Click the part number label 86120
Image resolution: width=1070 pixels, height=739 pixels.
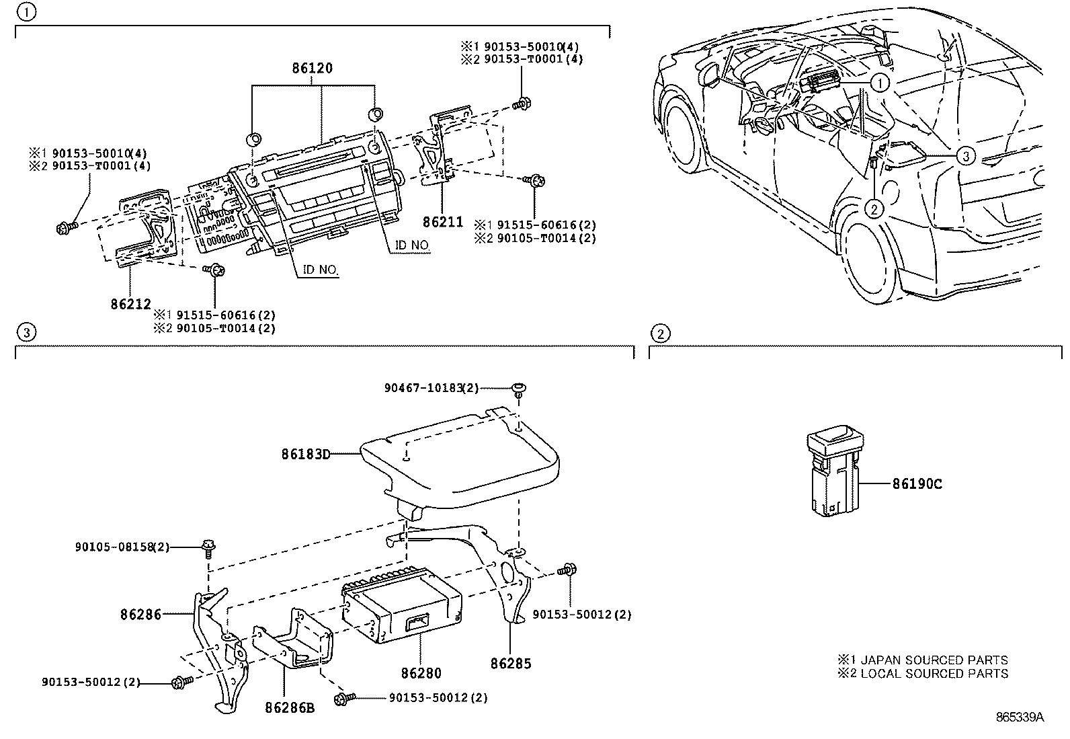click(312, 69)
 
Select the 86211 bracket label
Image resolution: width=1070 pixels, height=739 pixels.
click(443, 222)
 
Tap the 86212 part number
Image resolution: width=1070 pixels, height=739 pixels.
click(130, 304)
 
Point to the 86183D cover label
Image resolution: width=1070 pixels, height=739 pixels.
click(306, 454)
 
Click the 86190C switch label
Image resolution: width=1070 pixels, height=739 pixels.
click(917, 483)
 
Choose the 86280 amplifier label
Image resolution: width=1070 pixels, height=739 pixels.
click(421, 672)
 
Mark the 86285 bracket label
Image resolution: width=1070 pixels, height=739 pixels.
click(511, 664)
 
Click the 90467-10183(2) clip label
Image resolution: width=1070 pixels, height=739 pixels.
click(432, 388)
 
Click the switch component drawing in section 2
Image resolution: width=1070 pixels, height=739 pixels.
click(832, 474)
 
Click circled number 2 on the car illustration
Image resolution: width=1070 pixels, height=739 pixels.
click(874, 209)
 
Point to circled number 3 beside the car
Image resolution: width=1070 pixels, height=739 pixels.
click(964, 156)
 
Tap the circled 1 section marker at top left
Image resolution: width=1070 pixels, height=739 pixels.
click(26, 11)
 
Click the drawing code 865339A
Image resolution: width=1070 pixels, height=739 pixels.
click(1020, 717)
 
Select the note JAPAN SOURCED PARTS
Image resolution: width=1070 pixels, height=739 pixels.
click(922, 660)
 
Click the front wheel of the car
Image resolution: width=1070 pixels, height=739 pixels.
click(680, 130)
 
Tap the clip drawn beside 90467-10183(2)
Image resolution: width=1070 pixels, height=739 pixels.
click(519, 389)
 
